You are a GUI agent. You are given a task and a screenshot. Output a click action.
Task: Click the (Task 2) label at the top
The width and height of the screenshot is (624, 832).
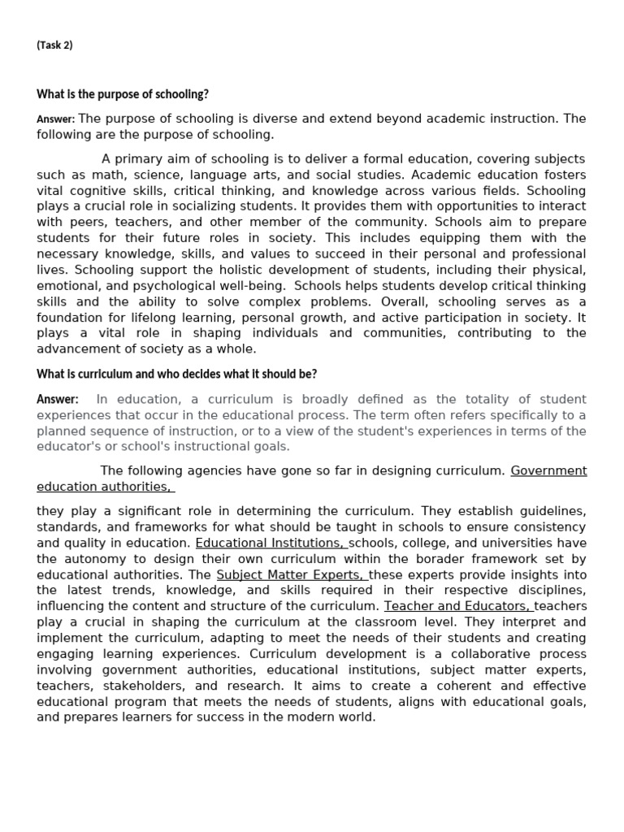click(x=54, y=45)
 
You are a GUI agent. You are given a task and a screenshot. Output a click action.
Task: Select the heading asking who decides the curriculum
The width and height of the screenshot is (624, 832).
click(x=176, y=374)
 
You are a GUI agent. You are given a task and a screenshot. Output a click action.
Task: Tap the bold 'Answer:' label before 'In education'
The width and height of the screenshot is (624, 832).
click(x=58, y=399)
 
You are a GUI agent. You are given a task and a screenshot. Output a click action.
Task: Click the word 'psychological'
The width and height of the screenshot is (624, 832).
click(x=189, y=285)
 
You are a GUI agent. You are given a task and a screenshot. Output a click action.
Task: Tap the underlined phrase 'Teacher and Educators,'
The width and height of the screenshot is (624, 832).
click(x=458, y=606)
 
